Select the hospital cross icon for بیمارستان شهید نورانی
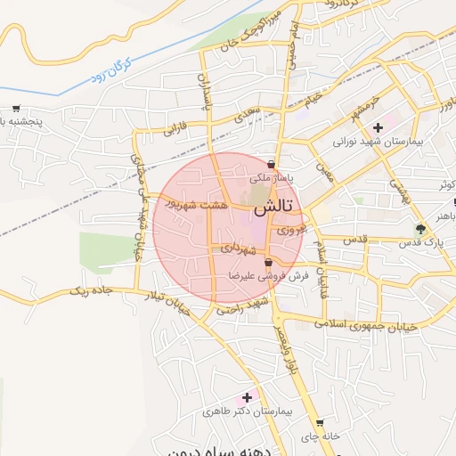(x=379, y=127)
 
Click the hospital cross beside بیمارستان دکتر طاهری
(x=247, y=396)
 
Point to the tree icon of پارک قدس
(x=421, y=229)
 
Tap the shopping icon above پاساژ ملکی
(x=271, y=164)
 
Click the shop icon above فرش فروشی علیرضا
(x=269, y=262)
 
